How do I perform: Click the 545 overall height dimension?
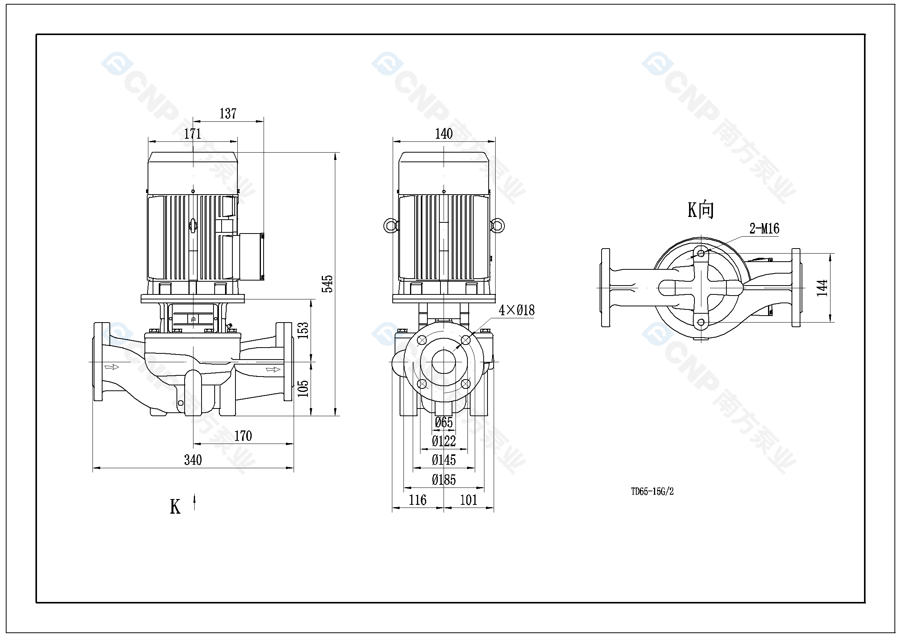tap(327, 284)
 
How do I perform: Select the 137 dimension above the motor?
tap(228, 114)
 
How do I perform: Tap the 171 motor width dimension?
tap(193, 134)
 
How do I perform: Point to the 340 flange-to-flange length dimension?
tap(193, 460)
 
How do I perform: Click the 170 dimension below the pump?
tap(243, 436)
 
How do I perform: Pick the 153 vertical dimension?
tap(303, 331)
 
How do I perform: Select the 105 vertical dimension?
tap(303, 388)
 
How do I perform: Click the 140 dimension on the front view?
tap(444, 134)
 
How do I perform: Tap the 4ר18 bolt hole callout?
tap(516, 311)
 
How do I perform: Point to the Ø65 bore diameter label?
tap(444, 423)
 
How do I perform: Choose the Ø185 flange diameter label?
tap(444, 480)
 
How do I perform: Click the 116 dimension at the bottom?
tap(417, 500)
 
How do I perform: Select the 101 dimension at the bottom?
tap(469, 500)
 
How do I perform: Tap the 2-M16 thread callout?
tap(764, 229)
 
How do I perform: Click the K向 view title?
tap(701, 210)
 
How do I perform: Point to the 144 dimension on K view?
tap(822, 288)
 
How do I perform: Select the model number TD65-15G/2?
tap(652, 491)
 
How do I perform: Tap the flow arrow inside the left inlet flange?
tap(111, 367)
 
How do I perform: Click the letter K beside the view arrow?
tap(175, 507)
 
